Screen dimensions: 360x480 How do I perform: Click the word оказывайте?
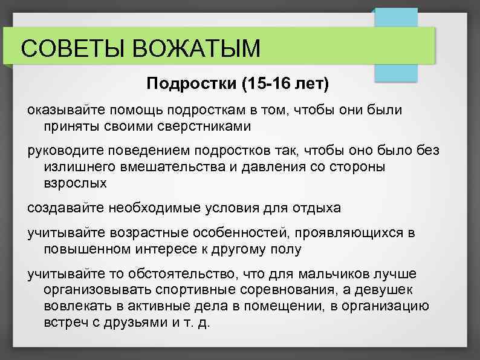click(65, 111)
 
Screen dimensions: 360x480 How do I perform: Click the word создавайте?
click(66, 208)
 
